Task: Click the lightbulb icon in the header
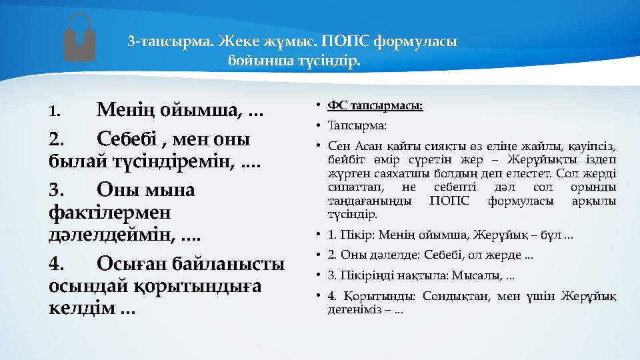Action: [x=79, y=38]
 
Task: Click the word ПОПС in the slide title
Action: [x=345, y=42]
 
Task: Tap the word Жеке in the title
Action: [x=239, y=42]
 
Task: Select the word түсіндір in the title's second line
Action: [x=331, y=62]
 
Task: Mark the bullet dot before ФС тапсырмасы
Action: [x=319, y=105]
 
